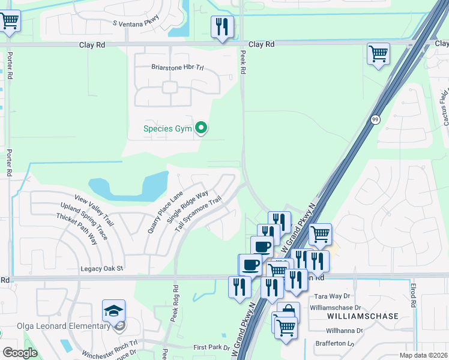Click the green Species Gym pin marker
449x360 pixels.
(x=202, y=128)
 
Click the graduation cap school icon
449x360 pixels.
(x=113, y=310)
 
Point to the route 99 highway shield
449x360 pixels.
(x=375, y=119)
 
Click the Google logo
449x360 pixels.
(x=20, y=353)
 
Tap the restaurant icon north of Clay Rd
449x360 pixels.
(x=223, y=26)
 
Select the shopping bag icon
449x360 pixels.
(x=288, y=312)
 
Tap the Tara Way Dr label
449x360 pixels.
(x=331, y=296)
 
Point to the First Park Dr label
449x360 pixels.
(x=211, y=347)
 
